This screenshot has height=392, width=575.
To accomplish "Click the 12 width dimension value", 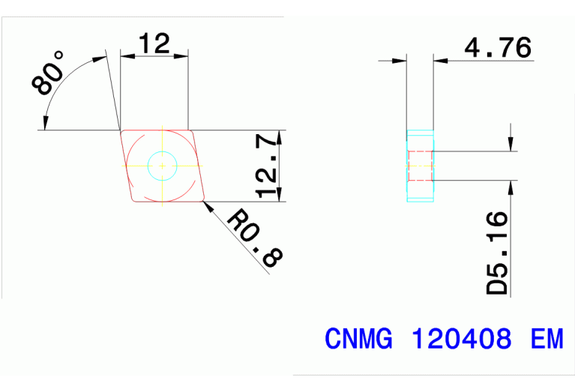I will pos(154,43).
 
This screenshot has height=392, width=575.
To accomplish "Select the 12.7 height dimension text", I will pos(268,166).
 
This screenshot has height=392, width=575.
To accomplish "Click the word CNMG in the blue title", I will pos(359,339).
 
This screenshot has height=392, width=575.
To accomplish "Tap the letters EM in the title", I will pos(546,339).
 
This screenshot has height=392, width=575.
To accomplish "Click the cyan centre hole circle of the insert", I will pos(162,165).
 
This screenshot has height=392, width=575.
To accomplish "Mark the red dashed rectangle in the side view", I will pos(421,166).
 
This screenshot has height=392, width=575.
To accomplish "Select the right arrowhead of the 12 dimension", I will pos(182,55).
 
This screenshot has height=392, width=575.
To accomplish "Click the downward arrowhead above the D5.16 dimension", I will pos(511,145).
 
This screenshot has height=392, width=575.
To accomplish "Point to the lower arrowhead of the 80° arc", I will pos(46,124).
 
